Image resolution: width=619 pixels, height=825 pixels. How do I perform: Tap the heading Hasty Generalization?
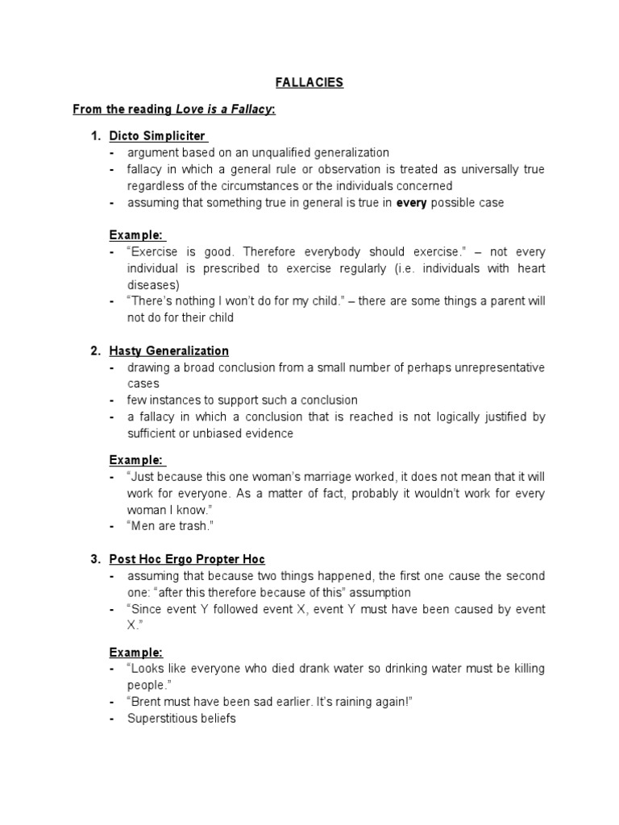click(169, 350)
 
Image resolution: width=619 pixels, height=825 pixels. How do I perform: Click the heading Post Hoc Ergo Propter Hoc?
click(187, 558)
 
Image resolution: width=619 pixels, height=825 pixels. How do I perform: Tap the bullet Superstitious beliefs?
click(181, 718)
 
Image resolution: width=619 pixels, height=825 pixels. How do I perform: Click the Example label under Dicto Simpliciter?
click(136, 235)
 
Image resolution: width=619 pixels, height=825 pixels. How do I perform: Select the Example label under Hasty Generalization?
click(136, 460)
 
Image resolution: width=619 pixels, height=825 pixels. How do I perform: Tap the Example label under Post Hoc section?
click(136, 652)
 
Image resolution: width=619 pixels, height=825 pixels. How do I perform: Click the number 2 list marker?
click(95, 350)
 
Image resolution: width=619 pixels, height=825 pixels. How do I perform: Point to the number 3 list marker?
click(95, 558)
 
